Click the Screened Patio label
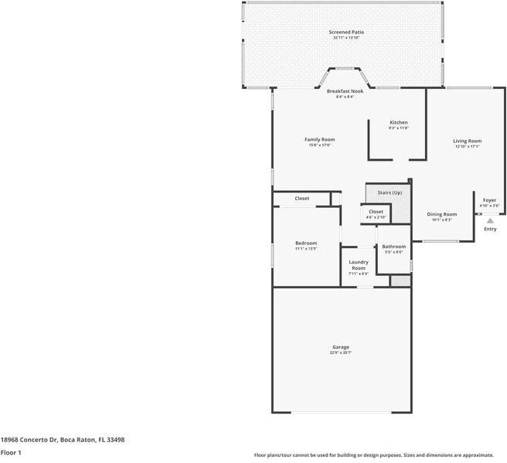[348, 32]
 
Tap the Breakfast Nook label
[345, 91]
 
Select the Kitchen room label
[398, 122]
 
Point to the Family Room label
[319, 139]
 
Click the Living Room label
[467, 141]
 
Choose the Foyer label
[490, 200]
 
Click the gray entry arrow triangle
[490, 220]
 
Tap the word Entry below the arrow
[490, 230]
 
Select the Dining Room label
[442, 214]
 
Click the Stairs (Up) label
[390, 192]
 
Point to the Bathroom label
[394, 247]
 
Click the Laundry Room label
[358, 265]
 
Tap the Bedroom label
[306, 243]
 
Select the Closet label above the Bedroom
[302, 199]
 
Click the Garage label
[341, 347]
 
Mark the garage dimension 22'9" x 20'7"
[341, 353]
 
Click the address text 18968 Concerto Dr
[29, 439]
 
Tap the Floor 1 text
[11, 452]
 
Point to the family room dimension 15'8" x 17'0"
[319, 145]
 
